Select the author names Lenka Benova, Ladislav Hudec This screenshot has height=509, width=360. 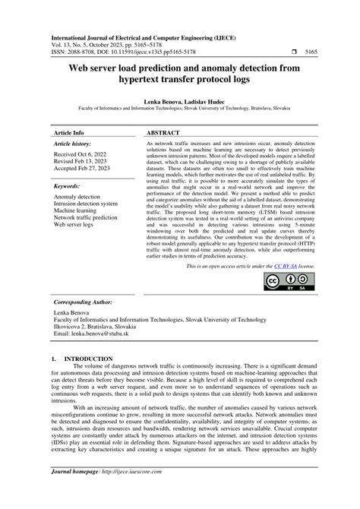pyautogui.click(x=180, y=100)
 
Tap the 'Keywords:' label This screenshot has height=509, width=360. pyautogui.click(x=68, y=186)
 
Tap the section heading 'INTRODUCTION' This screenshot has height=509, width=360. pyautogui.click(x=89, y=358)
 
